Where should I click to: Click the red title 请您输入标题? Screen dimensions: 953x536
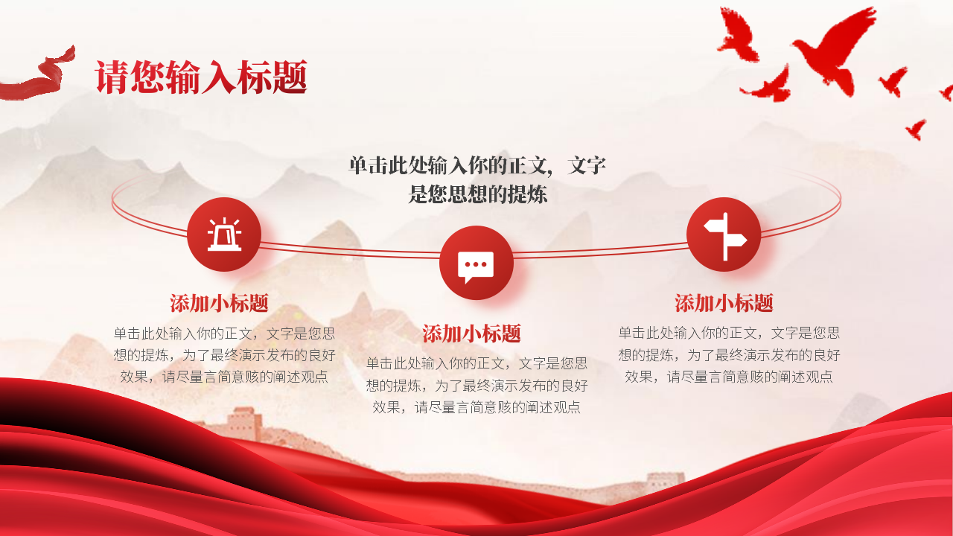pyautogui.click(x=201, y=77)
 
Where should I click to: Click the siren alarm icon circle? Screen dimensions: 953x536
pyautogui.click(x=224, y=234)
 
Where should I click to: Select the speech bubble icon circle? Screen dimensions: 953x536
pyautogui.click(x=476, y=263)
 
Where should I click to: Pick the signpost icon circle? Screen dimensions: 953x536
pyautogui.click(x=724, y=234)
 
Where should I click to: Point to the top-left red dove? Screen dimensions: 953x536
pyautogui.click(x=738, y=34)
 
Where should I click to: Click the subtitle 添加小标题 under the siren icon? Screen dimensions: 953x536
pyautogui.click(x=219, y=303)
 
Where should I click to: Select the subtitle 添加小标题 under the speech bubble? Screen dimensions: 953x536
pyautogui.click(x=471, y=333)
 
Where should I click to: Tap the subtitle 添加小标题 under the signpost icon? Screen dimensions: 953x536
pyautogui.click(x=724, y=303)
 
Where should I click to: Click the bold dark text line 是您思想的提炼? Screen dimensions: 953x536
pyautogui.click(x=477, y=194)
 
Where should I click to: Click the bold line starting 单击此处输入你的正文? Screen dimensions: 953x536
pyautogui.click(x=477, y=165)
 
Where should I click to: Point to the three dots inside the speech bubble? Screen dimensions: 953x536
pyautogui.click(x=476, y=264)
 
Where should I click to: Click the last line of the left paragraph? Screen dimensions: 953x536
pyautogui.click(x=224, y=377)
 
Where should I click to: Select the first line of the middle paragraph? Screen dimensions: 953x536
pyautogui.click(x=476, y=363)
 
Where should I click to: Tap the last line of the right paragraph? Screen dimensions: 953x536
pyautogui.click(x=728, y=377)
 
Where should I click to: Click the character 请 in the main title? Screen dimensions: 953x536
pyautogui.click(x=112, y=77)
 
